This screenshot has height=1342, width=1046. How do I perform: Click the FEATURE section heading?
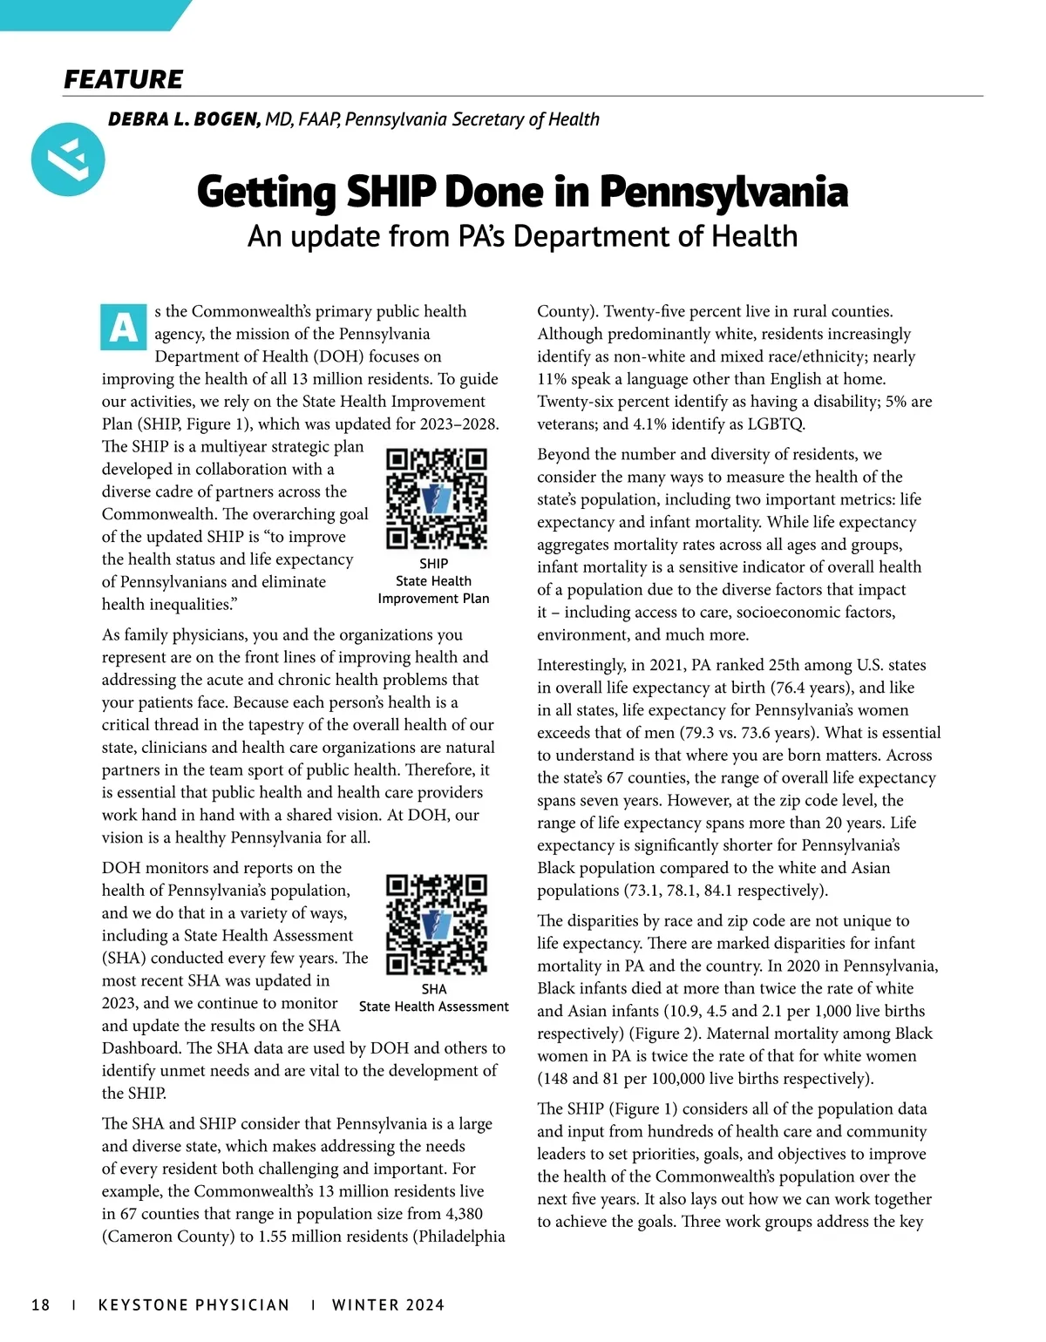coord(123,79)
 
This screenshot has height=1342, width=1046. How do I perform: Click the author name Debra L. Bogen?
coord(184,119)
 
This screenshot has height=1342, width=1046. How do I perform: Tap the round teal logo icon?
coord(68,159)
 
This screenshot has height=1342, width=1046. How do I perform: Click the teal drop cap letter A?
coord(124,328)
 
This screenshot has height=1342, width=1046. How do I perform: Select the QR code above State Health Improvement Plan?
coord(436,498)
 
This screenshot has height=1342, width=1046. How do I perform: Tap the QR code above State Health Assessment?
coord(436,924)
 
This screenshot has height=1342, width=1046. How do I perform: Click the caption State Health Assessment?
coord(433,1006)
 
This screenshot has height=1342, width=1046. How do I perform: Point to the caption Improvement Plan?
coord(433,599)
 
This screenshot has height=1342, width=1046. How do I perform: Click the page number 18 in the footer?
coord(40,1305)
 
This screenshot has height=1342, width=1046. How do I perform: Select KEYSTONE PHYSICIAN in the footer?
coord(194,1305)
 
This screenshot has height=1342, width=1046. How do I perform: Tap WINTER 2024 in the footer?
coord(388,1305)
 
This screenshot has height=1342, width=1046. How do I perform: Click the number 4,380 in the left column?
coord(458,1214)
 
